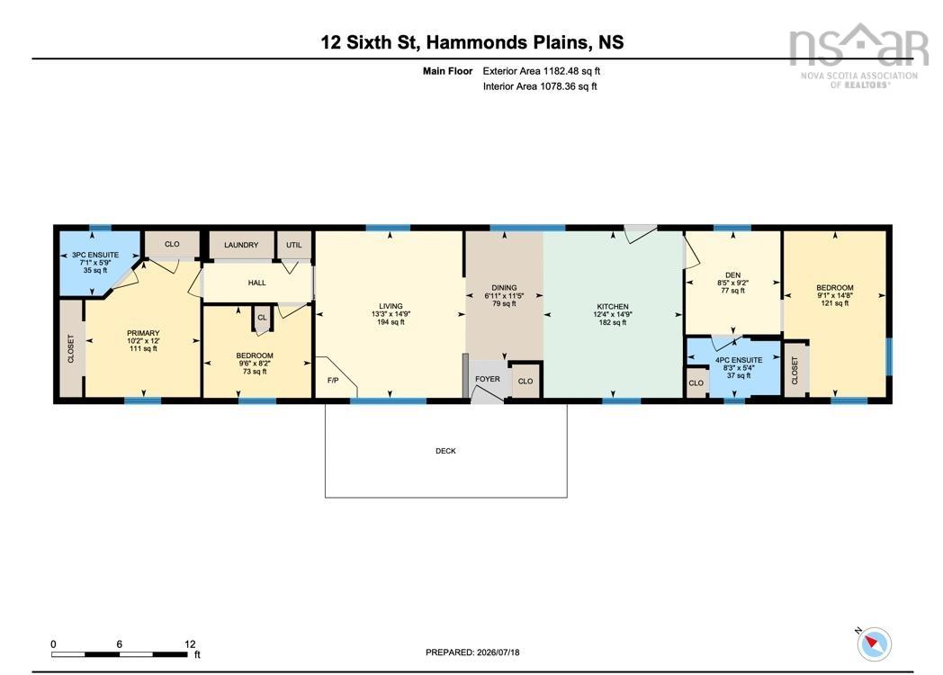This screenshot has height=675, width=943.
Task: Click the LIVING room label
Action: point(391,306)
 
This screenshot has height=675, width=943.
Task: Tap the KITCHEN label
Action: point(613,307)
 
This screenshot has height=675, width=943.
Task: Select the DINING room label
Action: point(504,288)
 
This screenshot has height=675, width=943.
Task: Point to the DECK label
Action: point(445,451)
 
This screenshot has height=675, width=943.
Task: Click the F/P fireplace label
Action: point(333,380)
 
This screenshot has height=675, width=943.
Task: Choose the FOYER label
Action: point(487,379)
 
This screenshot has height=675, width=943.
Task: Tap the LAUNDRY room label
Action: point(241,245)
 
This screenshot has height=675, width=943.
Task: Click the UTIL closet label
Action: point(294,245)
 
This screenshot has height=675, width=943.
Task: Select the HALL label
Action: point(256,283)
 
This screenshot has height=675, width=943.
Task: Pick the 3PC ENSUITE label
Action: point(95,255)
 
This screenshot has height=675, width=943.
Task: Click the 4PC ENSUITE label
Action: point(739,360)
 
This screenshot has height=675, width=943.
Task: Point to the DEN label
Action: point(732,274)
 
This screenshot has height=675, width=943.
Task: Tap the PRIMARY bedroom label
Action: point(143,333)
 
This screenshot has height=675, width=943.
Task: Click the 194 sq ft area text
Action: point(391,322)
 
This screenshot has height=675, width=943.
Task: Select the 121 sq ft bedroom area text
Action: point(835,303)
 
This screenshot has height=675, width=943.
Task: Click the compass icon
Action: point(874,644)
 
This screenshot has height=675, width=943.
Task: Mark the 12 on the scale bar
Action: point(190,644)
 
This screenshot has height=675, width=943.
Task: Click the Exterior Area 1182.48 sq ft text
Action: point(542,71)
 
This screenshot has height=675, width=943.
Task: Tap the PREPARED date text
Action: point(472,652)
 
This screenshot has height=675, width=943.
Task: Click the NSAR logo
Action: point(858,55)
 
